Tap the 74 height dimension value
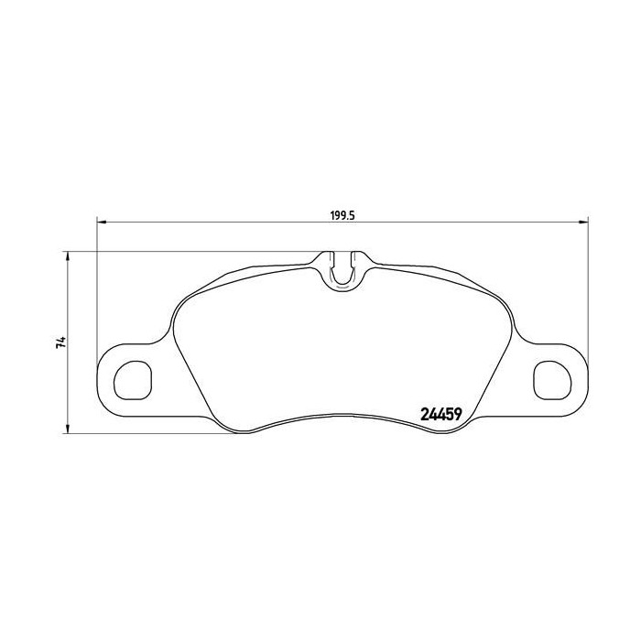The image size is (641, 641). [60, 343]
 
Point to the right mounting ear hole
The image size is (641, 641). [549, 377]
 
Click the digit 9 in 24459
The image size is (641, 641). [455, 414]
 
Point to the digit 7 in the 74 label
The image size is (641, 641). [60, 347]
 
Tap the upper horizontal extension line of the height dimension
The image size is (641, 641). [183, 251]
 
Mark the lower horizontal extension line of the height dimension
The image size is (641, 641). [147, 433]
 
